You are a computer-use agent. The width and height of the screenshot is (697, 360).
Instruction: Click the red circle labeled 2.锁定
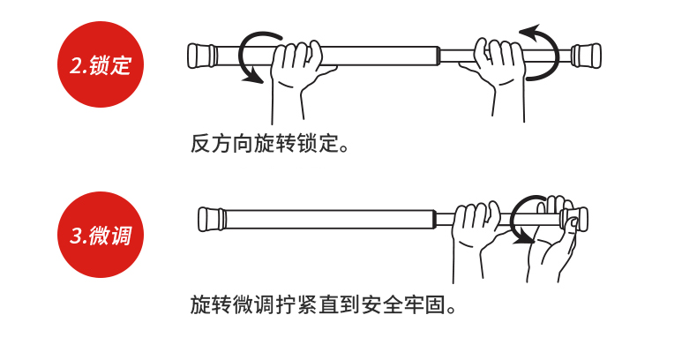pyautogui.click(x=100, y=64)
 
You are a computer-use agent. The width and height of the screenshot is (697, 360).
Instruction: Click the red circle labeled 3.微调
pyautogui.click(x=100, y=235)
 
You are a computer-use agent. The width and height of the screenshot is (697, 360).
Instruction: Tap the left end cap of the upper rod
pyautogui.click(x=202, y=55)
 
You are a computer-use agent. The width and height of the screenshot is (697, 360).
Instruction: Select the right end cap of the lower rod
pyautogui.click(x=579, y=218)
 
